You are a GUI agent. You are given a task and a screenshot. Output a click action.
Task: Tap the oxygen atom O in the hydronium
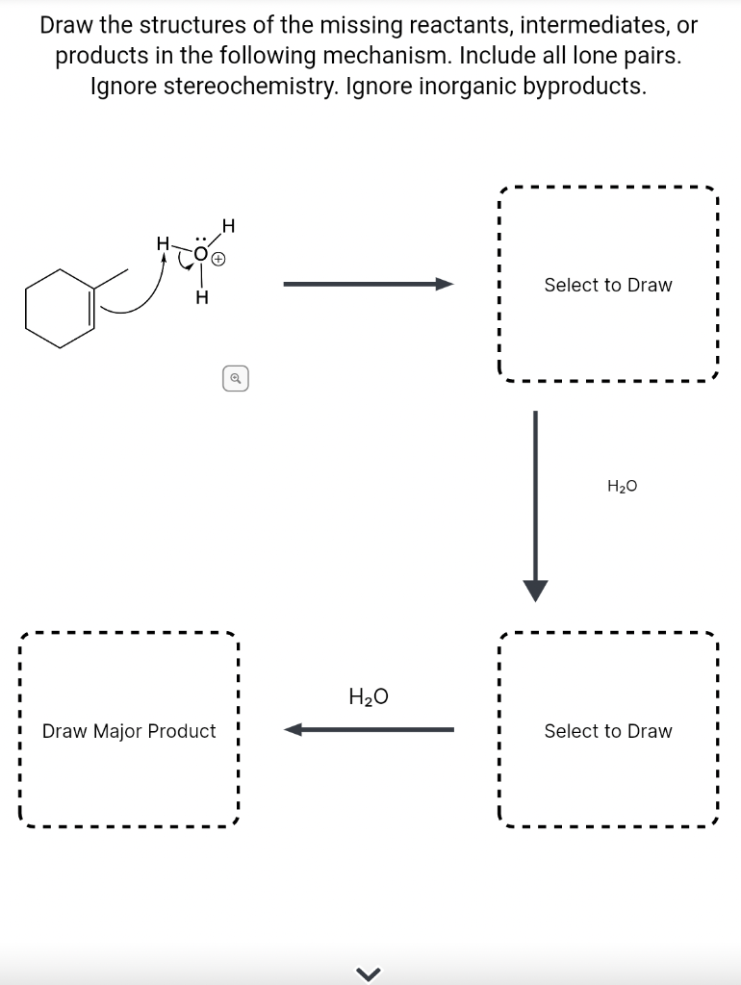(200, 255)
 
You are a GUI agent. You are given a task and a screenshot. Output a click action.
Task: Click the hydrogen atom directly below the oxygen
(200, 298)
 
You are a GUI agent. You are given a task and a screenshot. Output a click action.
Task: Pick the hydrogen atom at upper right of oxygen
(228, 226)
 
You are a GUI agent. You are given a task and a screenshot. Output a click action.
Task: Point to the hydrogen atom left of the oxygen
(164, 247)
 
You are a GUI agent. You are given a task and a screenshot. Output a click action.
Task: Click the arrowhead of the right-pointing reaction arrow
(444, 284)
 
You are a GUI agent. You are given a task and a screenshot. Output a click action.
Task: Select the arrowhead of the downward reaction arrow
(535, 590)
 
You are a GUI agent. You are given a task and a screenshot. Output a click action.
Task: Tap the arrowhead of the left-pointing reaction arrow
(294, 730)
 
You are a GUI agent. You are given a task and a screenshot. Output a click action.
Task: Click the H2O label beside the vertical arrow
(623, 487)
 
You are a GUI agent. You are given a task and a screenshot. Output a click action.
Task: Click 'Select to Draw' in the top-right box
(608, 285)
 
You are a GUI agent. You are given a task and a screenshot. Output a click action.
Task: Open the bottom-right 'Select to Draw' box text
(608, 731)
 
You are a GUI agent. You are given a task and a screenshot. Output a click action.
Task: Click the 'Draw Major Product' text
(129, 731)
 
